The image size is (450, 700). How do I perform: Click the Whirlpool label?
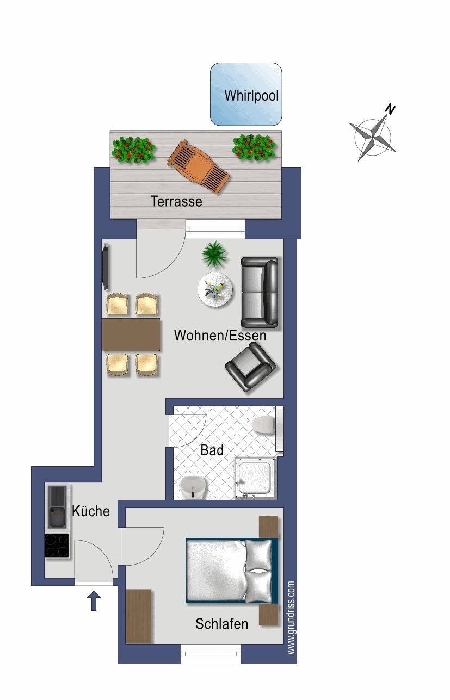(x=251, y=95)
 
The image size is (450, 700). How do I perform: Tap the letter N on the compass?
(x=390, y=109)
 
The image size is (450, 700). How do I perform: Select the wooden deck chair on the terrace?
(x=198, y=167)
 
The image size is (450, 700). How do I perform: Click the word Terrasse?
(x=176, y=201)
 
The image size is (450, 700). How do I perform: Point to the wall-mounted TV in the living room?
(x=106, y=267)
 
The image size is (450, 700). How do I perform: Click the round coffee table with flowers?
(x=215, y=289)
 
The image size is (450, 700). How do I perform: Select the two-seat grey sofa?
(x=259, y=292)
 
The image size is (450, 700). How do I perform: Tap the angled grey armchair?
(x=250, y=367)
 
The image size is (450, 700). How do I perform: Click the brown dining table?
(x=131, y=334)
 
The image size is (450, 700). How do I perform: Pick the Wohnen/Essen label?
(x=220, y=336)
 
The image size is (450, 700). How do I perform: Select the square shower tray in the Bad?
(x=256, y=478)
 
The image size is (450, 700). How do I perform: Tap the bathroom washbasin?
(x=194, y=488)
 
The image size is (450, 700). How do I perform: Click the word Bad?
(x=212, y=450)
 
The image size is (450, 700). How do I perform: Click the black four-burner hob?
(x=57, y=546)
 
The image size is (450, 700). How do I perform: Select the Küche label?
(x=91, y=511)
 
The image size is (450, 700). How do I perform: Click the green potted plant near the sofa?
(x=214, y=255)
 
